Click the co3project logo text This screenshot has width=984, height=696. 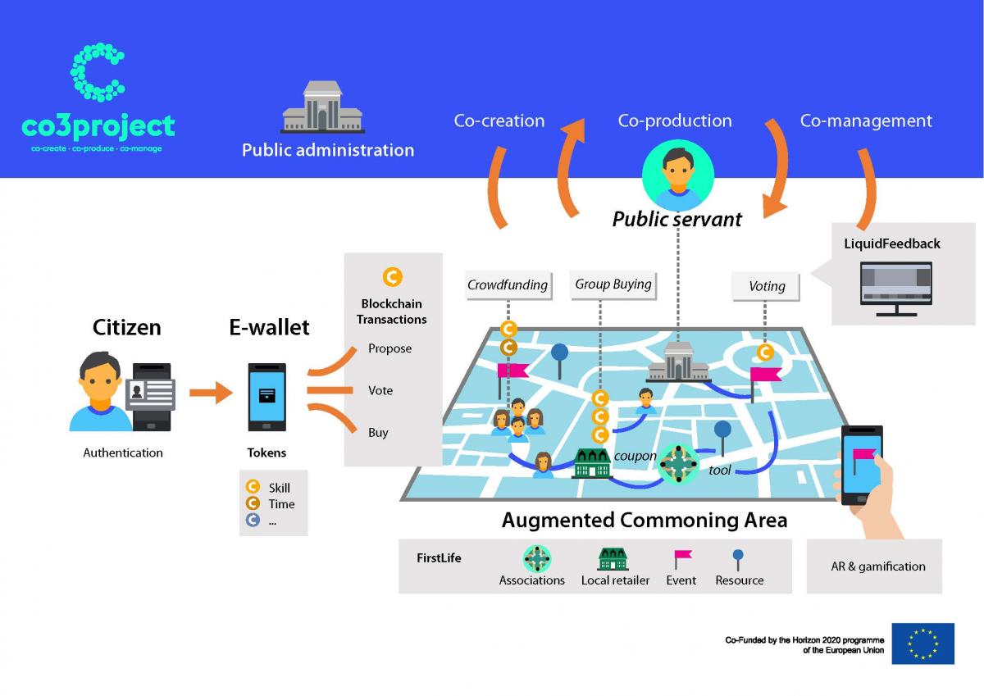pyautogui.click(x=98, y=126)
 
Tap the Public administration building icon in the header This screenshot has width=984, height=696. pyautogui.click(x=322, y=107)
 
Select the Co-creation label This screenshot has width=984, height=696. pyautogui.click(x=499, y=121)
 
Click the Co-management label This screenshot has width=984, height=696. pyautogui.click(x=866, y=121)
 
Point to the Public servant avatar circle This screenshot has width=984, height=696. pyautogui.click(x=678, y=175)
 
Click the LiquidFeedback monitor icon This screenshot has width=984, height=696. pyautogui.click(x=896, y=289)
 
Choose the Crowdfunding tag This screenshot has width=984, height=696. pyautogui.click(x=508, y=285)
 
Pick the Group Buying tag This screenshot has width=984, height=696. pyautogui.click(x=613, y=284)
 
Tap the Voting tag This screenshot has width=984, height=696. pyautogui.click(x=766, y=286)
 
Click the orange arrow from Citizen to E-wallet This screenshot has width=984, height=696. pyautogui.click(x=211, y=392)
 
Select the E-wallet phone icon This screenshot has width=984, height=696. pyautogui.click(x=267, y=397)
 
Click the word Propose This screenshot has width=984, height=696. pyautogui.click(x=389, y=348)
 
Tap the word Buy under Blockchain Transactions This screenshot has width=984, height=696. pyautogui.click(x=378, y=433)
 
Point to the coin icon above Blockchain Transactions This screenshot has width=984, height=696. pyautogui.click(x=392, y=276)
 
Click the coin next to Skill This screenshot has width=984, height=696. pyautogui.click(x=253, y=486)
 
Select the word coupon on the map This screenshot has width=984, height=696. pyautogui.click(x=635, y=457)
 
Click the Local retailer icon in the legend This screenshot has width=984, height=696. pyautogui.click(x=613, y=558)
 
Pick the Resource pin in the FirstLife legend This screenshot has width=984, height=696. pyautogui.click(x=738, y=560)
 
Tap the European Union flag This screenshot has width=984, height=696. pyautogui.click(x=923, y=644)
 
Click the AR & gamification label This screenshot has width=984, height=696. pyautogui.click(x=878, y=566)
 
